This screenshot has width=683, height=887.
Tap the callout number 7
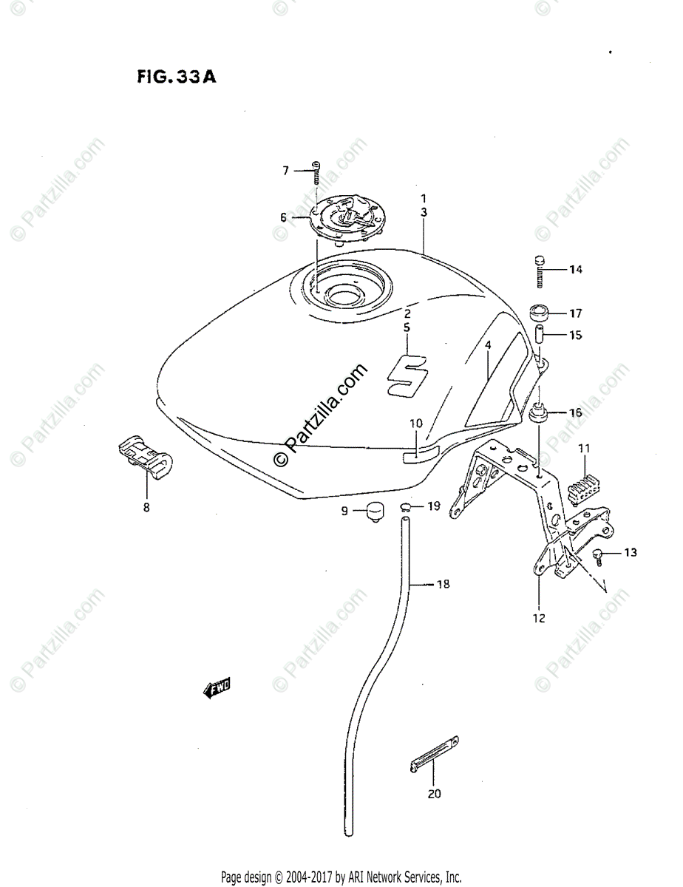(x=285, y=171)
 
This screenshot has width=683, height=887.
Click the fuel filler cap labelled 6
(x=344, y=217)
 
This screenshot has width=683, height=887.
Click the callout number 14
(x=575, y=270)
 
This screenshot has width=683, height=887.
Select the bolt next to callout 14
(x=539, y=271)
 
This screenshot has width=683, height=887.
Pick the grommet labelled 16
(x=539, y=413)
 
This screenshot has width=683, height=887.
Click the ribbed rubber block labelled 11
(x=582, y=484)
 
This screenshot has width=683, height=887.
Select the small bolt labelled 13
(x=602, y=555)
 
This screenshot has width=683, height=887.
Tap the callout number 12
(x=539, y=618)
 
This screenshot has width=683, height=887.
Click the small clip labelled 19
(x=407, y=506)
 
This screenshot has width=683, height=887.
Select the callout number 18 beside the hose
(x=442, y=585)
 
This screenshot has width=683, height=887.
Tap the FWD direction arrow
(x=217, y=689)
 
